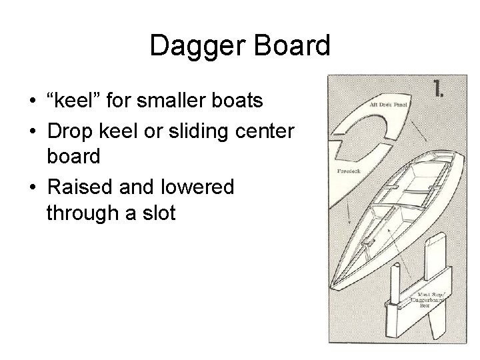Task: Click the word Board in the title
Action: (291, 46)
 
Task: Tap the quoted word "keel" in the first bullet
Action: (73, 101)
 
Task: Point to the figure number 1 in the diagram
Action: (440, 89)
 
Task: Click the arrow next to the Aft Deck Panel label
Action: (420, 127)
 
